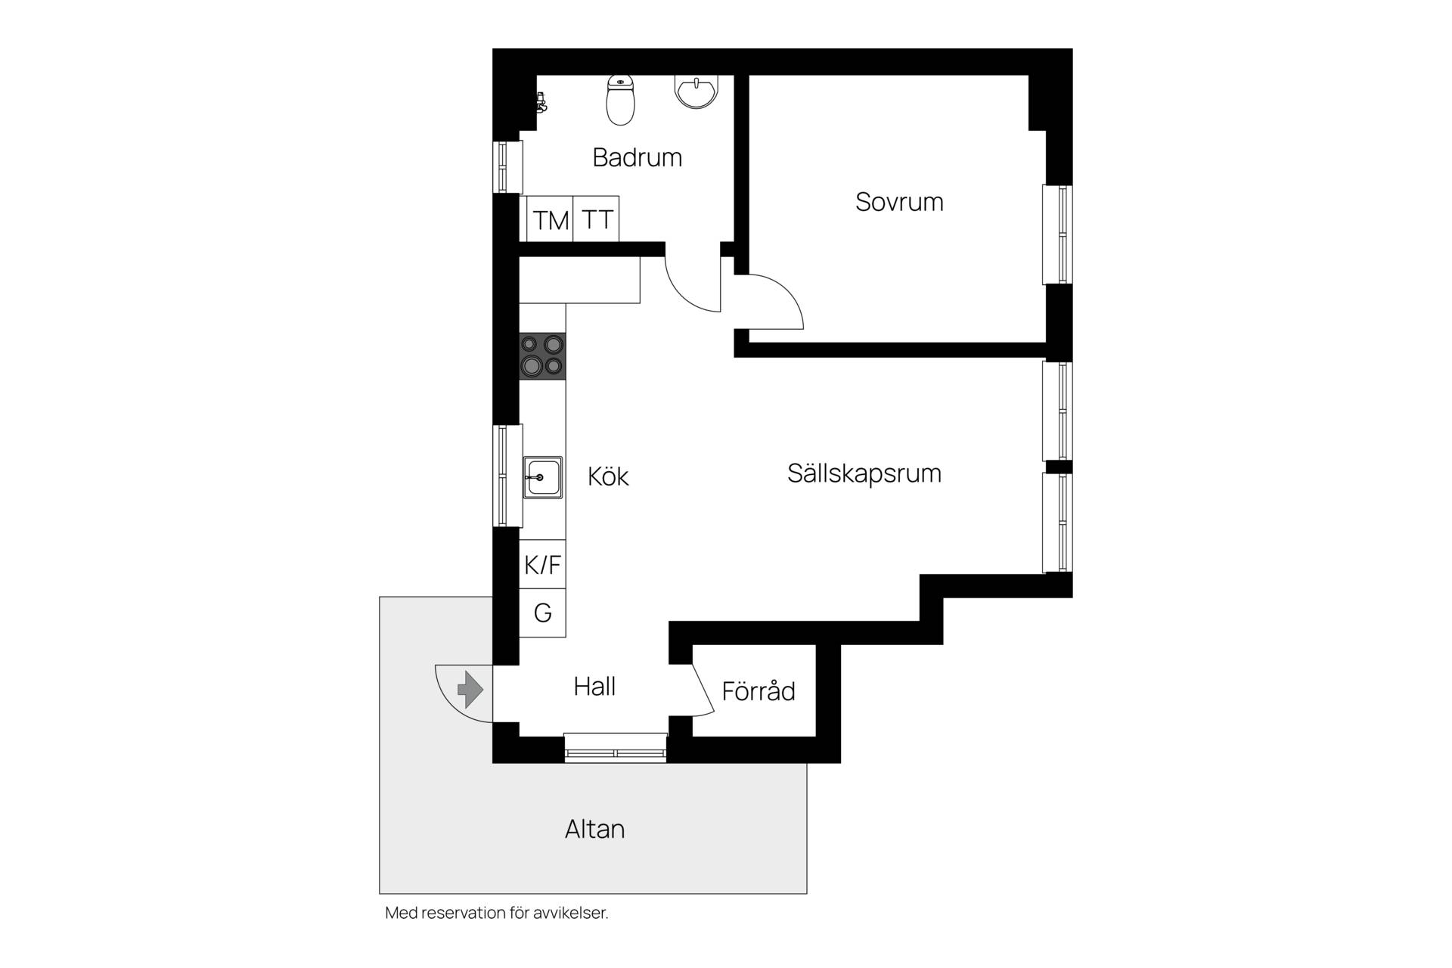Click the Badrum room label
(637, 157)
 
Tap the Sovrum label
(899, 202)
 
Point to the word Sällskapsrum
(864, 473)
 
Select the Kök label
(608, 476)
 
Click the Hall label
(594, 687)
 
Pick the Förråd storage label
(759, 690)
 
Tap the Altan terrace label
(595, 829)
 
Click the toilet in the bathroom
(621, 101)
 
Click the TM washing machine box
(551, 219)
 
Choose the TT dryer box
(597, 219)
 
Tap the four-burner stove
(542, 355)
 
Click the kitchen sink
(542, 477)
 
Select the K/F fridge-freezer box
(542, 564)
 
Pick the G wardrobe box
(542, 613)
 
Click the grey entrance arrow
(470, 689)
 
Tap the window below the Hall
(616, 747)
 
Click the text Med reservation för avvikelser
(497, 913)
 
